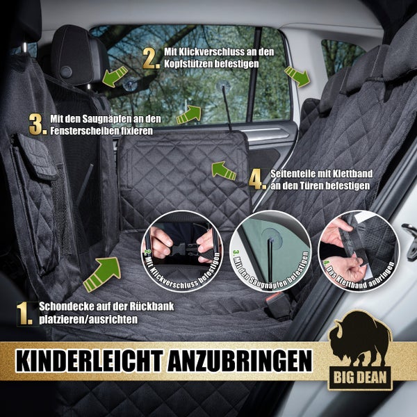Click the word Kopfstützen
click(192, 63)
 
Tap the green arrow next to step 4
click(223, 169)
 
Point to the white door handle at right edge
click(410, 232)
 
